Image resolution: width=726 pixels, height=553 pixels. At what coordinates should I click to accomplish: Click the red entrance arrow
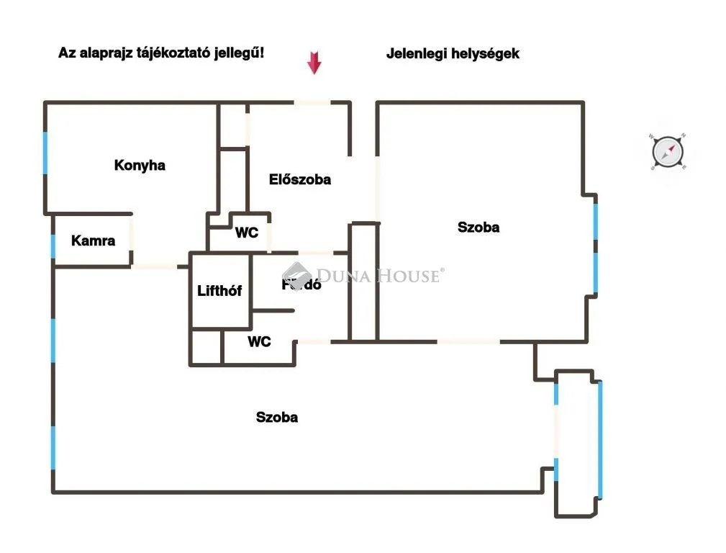tap(314, 63)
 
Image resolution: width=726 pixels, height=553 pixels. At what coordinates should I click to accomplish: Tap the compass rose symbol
tap(667, 153)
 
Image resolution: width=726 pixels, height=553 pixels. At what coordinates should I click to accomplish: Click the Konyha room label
tap(140, 166)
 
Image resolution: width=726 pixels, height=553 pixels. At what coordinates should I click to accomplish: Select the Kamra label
tap(93, 240)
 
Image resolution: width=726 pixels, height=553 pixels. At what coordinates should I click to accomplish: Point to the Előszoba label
tap(300, 180)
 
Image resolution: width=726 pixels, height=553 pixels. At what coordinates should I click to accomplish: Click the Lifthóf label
tap(219, 291)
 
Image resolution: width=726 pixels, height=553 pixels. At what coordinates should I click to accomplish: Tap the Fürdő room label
tap(301, 284)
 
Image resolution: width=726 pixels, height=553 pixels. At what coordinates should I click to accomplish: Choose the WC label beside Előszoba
tap(247, 233)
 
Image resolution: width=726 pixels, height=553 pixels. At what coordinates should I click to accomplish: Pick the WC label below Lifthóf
tap(259, 341)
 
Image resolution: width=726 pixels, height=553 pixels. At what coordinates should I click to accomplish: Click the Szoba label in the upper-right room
tap(478, 228)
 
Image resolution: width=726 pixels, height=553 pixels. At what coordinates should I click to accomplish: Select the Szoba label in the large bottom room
tap(277, 417)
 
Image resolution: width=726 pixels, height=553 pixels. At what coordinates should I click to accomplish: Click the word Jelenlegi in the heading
tap(415, 53)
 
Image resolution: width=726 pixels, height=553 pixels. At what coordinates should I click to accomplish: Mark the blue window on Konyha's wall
tap(45, 153)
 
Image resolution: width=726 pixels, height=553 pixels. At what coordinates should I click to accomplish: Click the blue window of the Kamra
tap(53, 246)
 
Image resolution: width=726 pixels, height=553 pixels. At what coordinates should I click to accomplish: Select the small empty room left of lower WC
tap(207, 346)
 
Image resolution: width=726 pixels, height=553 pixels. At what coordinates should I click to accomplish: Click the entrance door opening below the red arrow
tap(312, 102)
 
